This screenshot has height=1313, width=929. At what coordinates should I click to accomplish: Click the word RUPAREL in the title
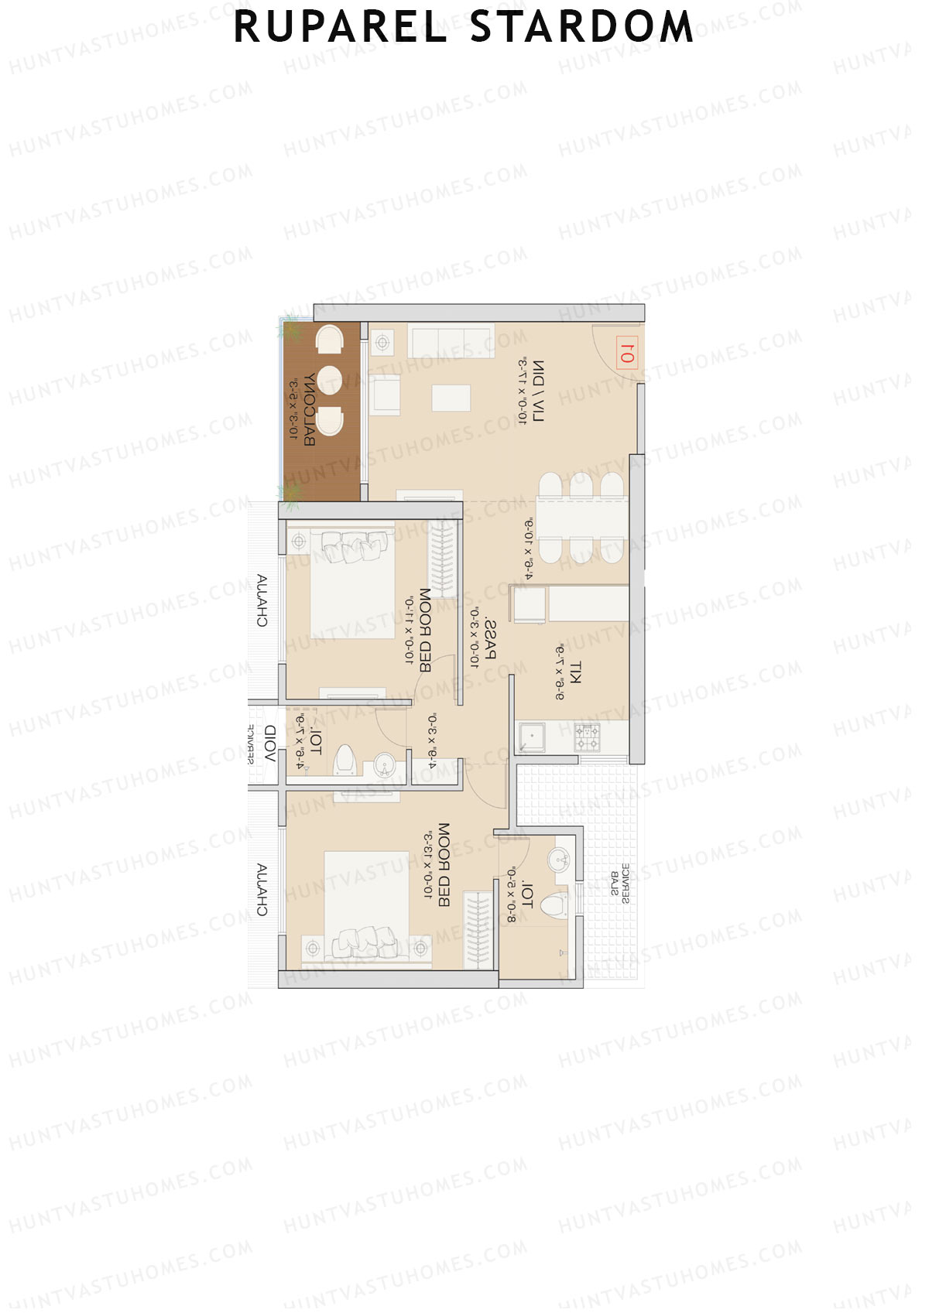click(341, 27)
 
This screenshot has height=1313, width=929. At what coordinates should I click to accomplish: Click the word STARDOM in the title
click(581, 27)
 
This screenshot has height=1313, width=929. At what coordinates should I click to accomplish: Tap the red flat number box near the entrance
click(626, 354)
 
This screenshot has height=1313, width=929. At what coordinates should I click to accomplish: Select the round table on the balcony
click(330, 380)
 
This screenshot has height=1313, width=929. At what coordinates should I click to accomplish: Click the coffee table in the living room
click(451, 398)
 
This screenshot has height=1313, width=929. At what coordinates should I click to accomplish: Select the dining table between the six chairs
click(582, 517)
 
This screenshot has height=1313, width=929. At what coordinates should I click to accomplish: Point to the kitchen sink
click(533, 737)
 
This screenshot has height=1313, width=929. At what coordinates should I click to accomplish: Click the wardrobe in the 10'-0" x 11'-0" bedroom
click(443, 559)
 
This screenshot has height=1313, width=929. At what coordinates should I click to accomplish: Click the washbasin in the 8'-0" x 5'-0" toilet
click(559, 858)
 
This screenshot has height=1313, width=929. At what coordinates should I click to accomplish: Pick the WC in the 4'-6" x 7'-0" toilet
click(345, 761)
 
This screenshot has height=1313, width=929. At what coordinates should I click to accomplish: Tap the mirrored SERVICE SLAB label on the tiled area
click(620, 883)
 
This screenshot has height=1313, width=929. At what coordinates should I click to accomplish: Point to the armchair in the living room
click(385, 394)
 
